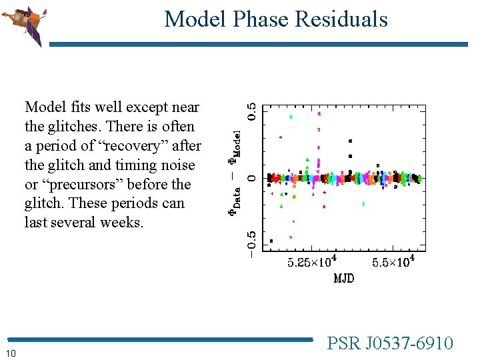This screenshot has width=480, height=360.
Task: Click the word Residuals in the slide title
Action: pos(345,19)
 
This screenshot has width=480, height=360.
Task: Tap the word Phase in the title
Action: pos(263,19)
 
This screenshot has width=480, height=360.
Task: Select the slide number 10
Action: pos(11,352)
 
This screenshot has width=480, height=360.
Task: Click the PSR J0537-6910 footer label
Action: pos(390,343)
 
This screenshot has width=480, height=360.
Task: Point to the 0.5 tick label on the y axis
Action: pos(250,111)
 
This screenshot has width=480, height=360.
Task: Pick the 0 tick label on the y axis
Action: pos(250,178)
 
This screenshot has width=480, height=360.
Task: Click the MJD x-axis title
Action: pos(343,278)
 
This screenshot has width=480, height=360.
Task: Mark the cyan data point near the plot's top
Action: pos(291,117)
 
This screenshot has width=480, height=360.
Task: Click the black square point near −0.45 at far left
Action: pos(271,241)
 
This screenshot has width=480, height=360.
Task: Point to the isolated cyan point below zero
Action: pos(363,204)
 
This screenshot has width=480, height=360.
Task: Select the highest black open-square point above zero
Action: pos(350,141)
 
